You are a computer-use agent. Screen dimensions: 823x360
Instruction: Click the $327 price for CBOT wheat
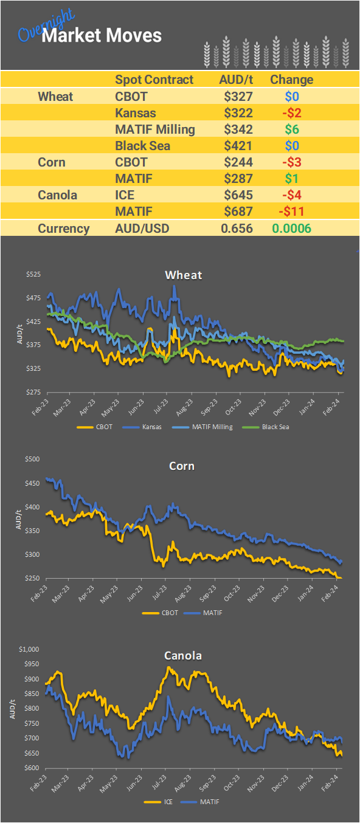coord(238,96)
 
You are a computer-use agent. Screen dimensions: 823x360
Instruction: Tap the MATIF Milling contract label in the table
coord(154,129)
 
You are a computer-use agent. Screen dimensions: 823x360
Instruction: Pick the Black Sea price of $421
coord(238,146)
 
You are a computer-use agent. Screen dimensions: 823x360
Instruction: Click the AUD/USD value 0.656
coord(237,229)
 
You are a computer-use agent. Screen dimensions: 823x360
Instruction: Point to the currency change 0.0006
coord(291,229)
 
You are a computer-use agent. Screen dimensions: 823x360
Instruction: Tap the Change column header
coord(291,80)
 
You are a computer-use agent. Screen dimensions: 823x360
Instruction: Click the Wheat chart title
coord(183,275)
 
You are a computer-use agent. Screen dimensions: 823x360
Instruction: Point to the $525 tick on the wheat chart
coord(33,275)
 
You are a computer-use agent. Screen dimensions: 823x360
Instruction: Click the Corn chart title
coord(182,466)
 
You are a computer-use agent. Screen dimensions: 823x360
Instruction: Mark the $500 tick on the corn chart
coord(33,460)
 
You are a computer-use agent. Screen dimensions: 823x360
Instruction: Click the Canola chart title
coord(183,656)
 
